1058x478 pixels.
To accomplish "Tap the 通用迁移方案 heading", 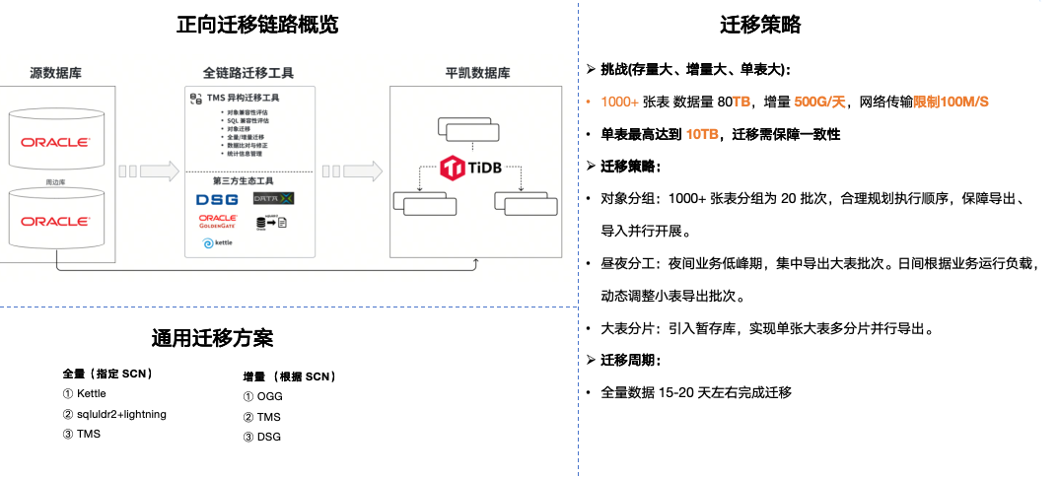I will coord(212,339).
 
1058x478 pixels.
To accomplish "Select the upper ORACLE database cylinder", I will coord(56,141).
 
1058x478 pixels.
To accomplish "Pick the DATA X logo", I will coord(274,199).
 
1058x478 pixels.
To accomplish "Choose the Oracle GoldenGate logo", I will coord(217,222).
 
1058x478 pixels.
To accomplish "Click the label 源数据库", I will coord(55,72).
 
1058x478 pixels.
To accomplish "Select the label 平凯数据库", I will coord(477,72).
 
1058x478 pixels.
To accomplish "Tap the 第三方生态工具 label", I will coord(247,181).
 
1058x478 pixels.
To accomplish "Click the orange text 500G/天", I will coord(822,102).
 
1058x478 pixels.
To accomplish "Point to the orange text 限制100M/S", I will coord(951,102).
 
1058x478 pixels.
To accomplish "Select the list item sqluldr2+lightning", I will coord(113,414).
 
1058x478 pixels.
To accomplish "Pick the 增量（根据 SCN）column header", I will coord(290,376).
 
